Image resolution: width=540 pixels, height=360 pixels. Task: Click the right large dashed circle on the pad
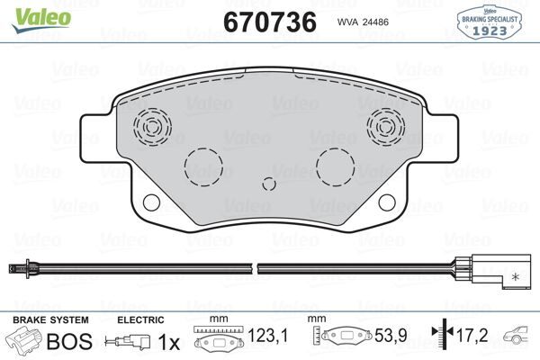click(x=336, y=166)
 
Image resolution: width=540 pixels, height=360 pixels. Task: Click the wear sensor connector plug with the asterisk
click(x=493, y=272)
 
